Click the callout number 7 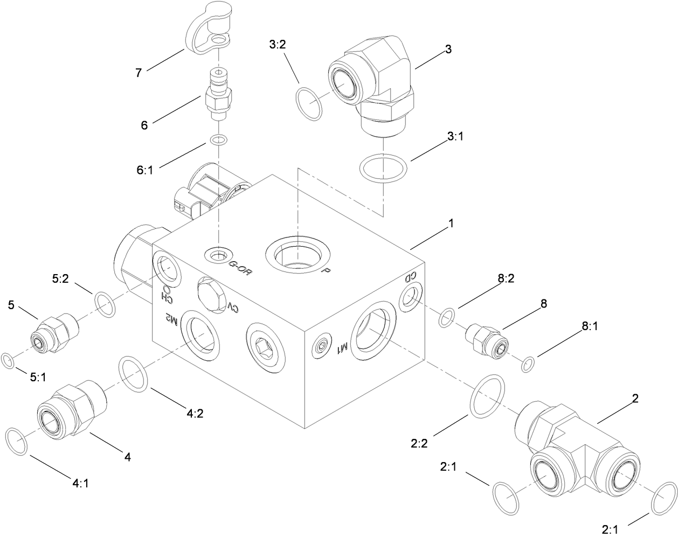139,73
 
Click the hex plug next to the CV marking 210,294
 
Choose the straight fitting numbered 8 487,339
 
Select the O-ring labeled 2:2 487,396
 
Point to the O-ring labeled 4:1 16,442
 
